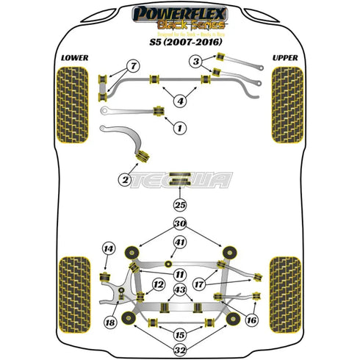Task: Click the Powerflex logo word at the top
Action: coord(179,12)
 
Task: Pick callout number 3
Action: coord(198,62)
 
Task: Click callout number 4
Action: coord(180,100)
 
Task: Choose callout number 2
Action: coord(126,179)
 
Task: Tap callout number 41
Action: coord(180,242)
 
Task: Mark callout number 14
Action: coord(109,250)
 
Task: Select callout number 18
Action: coord(110,322)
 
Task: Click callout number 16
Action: coord(251,320)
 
